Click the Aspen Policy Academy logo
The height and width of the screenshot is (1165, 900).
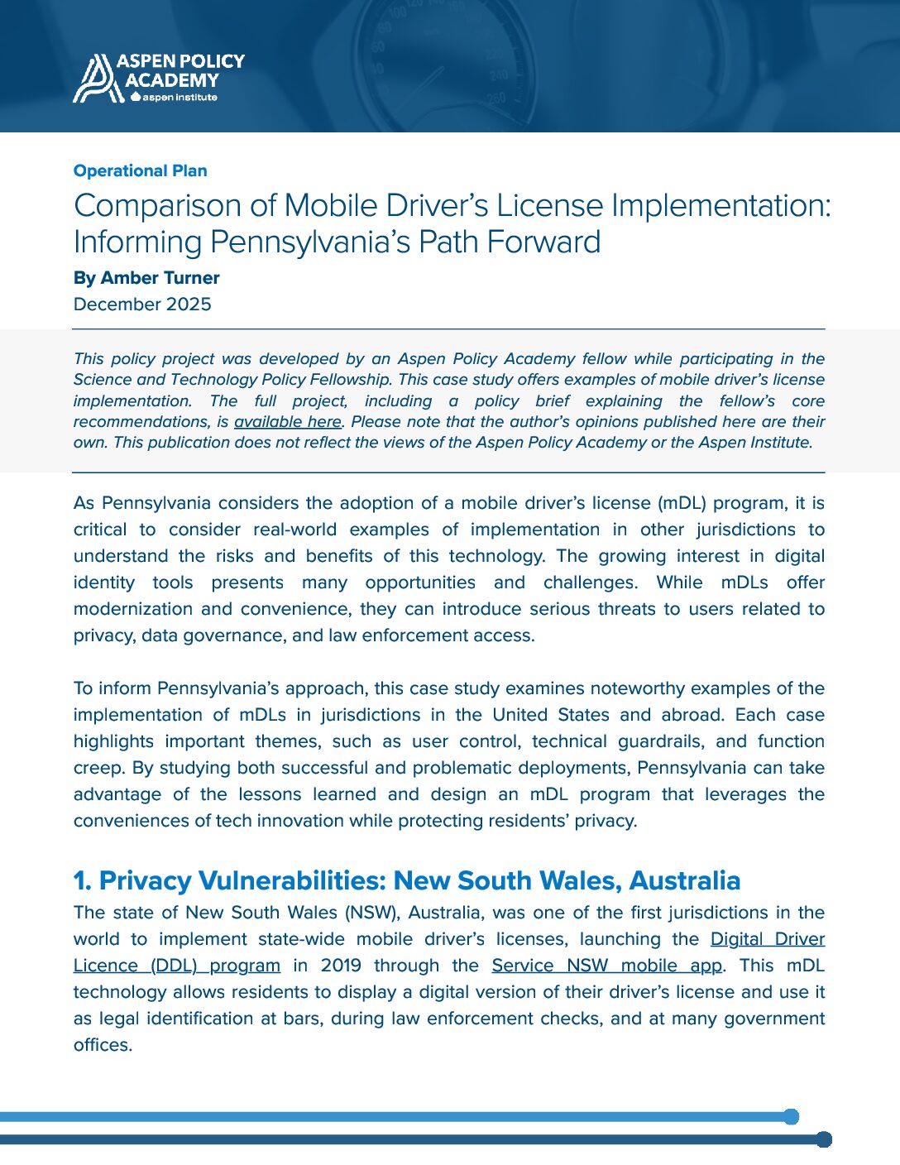coord(158,79)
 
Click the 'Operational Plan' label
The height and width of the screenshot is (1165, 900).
coord(140,170)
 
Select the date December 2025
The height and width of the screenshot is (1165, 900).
coord(142,304)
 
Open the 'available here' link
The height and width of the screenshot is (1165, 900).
coord(287,422)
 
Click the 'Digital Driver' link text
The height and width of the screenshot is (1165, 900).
coord(767,939)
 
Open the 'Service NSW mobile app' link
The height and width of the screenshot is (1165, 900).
coord(608,966)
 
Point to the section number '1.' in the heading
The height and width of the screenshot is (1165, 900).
coord(82,881)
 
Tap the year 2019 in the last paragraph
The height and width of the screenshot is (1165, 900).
coord(341,966)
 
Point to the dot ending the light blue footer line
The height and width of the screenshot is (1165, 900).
coord(791,1117)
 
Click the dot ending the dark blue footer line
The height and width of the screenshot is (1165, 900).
coord(823,1139)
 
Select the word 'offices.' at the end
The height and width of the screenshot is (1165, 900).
coord(103,1045)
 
